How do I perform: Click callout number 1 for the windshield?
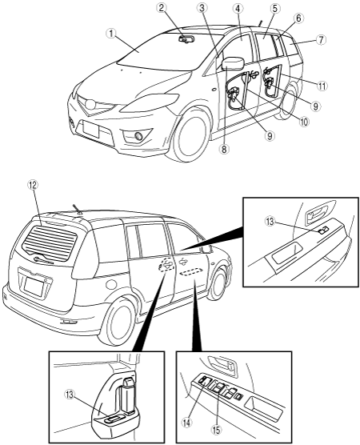coord(111,34)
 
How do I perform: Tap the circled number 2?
coord(162,8)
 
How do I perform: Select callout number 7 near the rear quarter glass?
coord(321,40)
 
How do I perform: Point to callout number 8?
coord(224,150)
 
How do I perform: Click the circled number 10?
coord(303,122)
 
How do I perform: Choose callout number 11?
coord(322,86)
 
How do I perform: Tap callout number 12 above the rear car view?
coord(33,185)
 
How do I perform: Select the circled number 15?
coord(216,430)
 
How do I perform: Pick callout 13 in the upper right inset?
coord(270,222)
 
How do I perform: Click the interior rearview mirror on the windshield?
coord(186,39)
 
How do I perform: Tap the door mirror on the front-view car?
coord(233,63)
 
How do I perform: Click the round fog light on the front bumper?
coord(138,136)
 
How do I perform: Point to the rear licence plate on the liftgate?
coord(34,287)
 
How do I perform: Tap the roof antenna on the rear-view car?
coord(76,209)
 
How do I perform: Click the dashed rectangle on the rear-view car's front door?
coord(191,271)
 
